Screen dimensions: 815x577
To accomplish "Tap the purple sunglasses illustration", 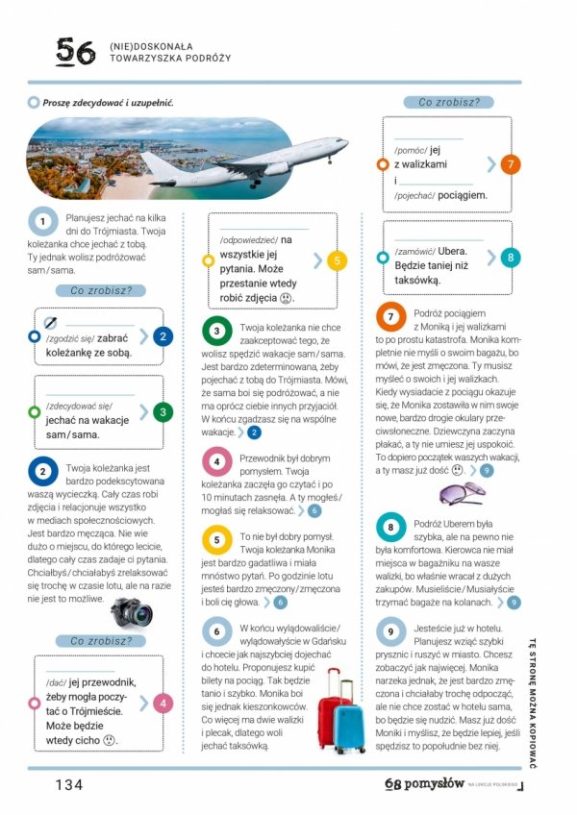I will pos(462,494).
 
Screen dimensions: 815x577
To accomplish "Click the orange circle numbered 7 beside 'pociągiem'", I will pos(511,164).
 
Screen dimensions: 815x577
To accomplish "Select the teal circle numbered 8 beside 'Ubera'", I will pos(511,257).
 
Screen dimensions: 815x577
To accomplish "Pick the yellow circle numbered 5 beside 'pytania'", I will pos(335,259).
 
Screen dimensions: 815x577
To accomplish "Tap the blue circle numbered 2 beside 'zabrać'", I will pos(164,336).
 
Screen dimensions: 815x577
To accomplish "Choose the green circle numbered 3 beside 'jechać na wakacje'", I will pos(164,412).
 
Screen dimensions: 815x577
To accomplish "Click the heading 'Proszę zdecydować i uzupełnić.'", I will pos(108,103).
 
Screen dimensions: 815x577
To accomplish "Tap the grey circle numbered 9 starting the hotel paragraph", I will pos(390,632).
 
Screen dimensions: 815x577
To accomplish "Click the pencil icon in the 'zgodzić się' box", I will pos(51,321).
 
